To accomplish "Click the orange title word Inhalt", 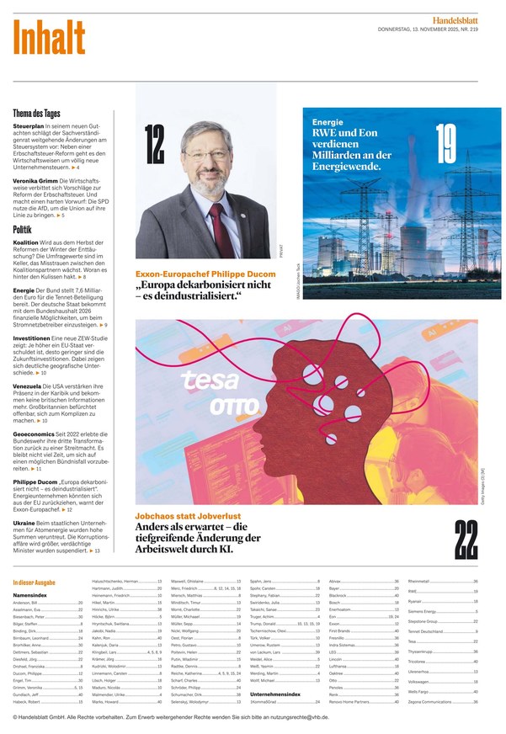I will coord(49,36).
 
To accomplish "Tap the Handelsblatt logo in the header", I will coord(466,19).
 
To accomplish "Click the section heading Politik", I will coord(23,229).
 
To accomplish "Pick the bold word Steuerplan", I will coord(29,125).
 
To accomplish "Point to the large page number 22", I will coord(466,540).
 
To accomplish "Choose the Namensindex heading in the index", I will coord(29,595).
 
